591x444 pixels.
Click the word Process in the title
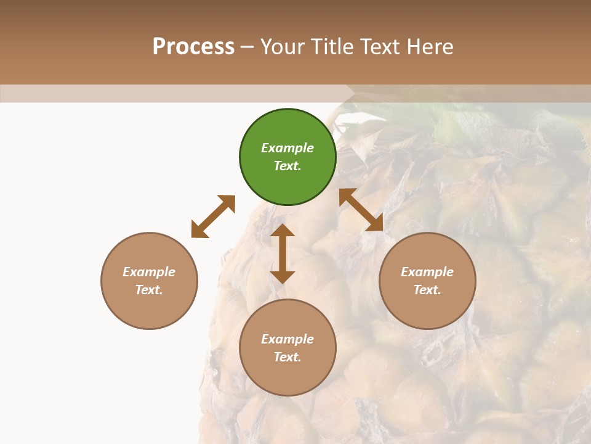click(x=193, y=47)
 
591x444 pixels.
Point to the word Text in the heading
click(x=377, y=47)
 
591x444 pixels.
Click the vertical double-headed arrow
click(x=283, y=253)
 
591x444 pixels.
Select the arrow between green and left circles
click(x=213, y=216)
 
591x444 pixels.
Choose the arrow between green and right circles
click(x=361, y=210)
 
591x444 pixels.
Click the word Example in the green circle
click(x=287, y=148)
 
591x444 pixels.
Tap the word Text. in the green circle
click(x=287, y=166)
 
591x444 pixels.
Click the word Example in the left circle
click(x=149, y=272)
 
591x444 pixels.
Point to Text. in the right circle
click(x=427, y=290)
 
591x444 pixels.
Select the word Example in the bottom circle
click(x=287, y=339)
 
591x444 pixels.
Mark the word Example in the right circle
click(x=427, y=272)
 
